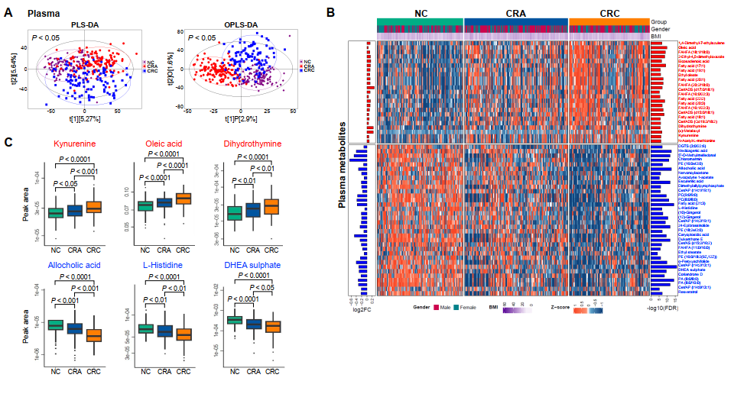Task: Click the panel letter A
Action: pyautogui.click(x=9, y=13)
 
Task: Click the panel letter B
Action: pyautogui.click(x=330, y=12)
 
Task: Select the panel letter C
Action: pyautogui.click(x=8, y=143)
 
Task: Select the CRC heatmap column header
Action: pyautogui.click(x=609, y=13)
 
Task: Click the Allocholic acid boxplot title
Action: pyautogui.click(x=73, y=265)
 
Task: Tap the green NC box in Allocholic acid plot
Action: pyautogui.click(x=55, y=325)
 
